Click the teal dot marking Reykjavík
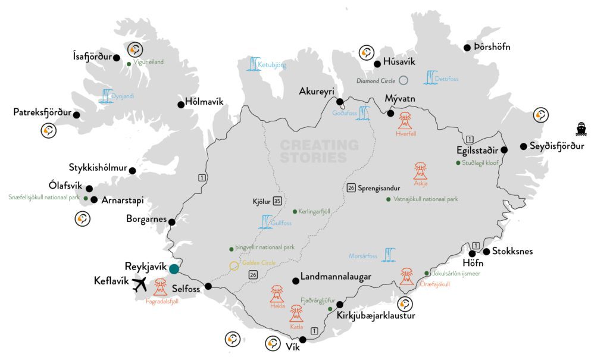point(174,269)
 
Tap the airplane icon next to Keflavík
point(140,284)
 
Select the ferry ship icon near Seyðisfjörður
point(581,129)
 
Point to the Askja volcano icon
point(420,171)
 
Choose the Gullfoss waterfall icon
point(266,221)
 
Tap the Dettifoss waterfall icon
point(430,77)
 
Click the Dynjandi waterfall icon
point(107,95)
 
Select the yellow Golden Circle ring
point(234,265)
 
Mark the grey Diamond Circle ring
point(404,80)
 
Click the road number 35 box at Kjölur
point(277,201)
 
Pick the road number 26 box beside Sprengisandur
point(351,188)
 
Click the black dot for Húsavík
point(377,64)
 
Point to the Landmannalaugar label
point(336,277)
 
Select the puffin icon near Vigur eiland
point(136,50)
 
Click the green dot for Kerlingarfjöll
point(295,211)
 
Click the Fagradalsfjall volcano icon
point(161,287)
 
